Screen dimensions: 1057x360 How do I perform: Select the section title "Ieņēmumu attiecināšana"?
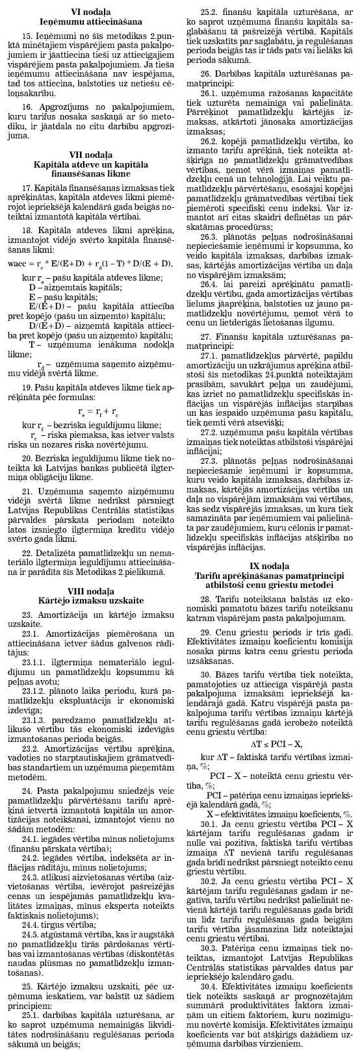pos(90,21)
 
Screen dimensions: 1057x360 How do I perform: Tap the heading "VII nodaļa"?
pos(90,154)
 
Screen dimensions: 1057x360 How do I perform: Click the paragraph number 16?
pos(27,105)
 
